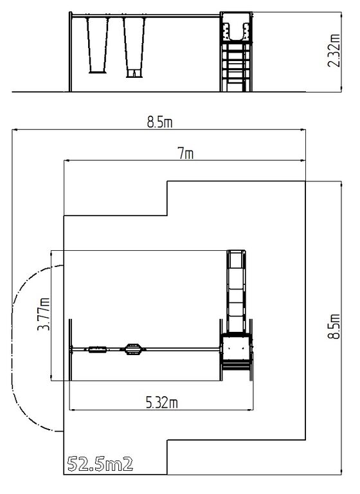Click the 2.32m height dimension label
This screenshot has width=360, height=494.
(334, 50)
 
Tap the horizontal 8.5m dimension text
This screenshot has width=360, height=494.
(159, 122)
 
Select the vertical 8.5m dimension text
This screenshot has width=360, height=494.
(334, 326)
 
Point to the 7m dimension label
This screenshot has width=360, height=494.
(186, 154)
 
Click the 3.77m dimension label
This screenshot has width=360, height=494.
(44, 314)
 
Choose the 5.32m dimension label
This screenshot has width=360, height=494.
(161, 403)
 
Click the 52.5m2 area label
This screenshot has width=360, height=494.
(100, 464)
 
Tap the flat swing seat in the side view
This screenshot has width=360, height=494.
(98, 72)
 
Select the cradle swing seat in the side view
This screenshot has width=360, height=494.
(134, 73)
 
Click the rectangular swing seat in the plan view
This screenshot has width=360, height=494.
(97, 349)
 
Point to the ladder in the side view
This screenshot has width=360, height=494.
(235, 67)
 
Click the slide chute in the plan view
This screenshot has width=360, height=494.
(237, 291)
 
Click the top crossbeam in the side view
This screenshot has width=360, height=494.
(145, 15)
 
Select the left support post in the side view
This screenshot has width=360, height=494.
(70, 52)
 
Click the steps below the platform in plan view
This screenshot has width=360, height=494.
(237, 367)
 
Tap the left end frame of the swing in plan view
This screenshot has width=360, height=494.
(71, 350)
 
